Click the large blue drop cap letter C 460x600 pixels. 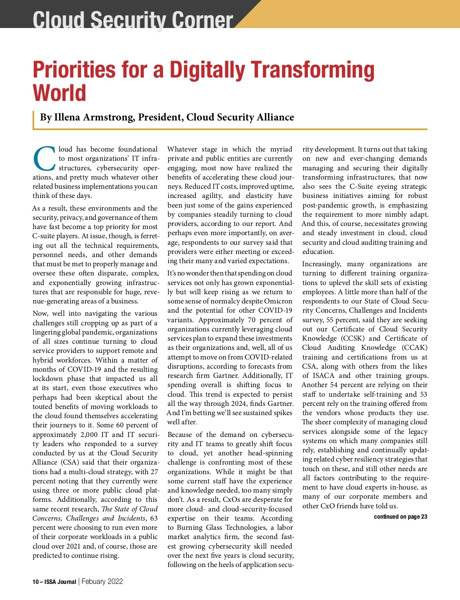coord(45,158)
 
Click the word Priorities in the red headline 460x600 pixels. coord(73,70)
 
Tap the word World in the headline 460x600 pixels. coord(59,93)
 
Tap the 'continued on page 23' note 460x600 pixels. coord(400,517)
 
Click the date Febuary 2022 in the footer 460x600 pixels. coord(102,581)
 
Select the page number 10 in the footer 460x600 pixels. coord(36,582)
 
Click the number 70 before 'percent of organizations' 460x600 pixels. coord(251,320)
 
